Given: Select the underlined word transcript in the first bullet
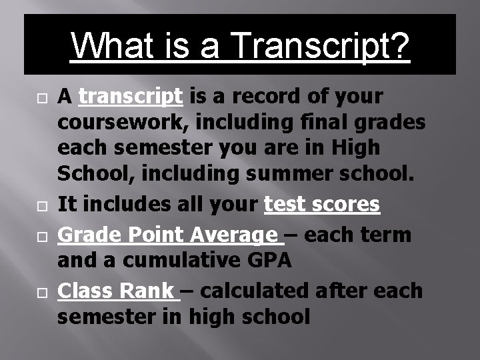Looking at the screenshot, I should (131, 97).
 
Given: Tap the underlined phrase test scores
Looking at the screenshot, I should (322, 205).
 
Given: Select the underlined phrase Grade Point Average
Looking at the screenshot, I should (168, 235).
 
